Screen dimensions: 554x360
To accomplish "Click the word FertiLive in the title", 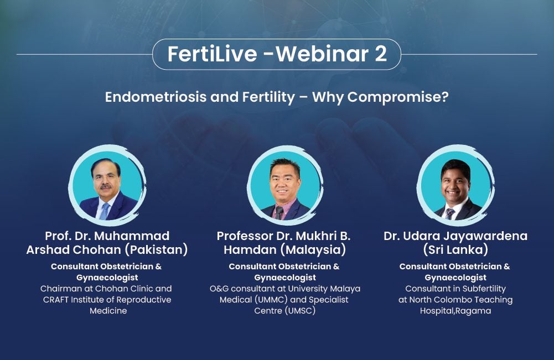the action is pyautogui.click(x=213, y=54).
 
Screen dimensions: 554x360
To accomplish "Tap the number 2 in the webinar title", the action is pyautogui.click(x=381, y=54).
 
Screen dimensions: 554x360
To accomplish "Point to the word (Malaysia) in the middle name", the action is pyautogui.click(x=313, y=249).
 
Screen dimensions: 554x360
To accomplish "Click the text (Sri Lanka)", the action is pyautogui.click(x=455, y=249).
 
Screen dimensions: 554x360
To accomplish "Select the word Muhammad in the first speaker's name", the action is pyautogui.click(x=132, y=236).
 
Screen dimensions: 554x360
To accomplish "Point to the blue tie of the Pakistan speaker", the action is pyautogui.click(x=105, y=211).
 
